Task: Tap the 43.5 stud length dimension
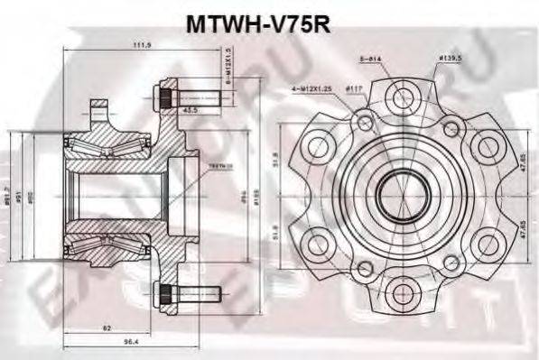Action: click(x=191, y=109)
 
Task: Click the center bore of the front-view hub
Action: click(x=395, y=191)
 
